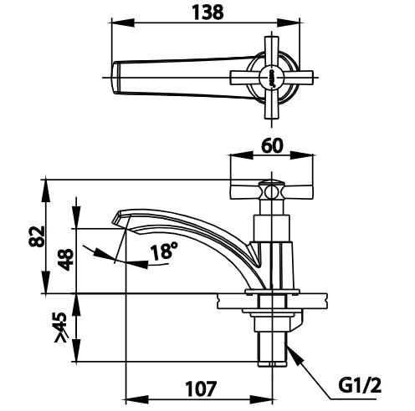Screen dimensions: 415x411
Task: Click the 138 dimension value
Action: [207, 13]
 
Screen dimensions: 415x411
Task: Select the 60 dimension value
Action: [272, 145]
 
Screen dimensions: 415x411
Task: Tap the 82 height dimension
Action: [37, 236]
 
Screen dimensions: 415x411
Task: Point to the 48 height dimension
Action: [66, 260]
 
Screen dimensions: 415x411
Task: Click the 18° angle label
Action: [164, 251]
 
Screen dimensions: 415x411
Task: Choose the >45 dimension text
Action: [61, 327]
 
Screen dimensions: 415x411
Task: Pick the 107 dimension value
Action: [201, 389]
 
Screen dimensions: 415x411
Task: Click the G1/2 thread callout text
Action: [360, 386]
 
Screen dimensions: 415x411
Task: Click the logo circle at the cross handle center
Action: [271, 78]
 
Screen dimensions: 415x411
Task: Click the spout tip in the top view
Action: [116, 78]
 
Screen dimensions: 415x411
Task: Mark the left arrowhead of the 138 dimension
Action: [123, 23]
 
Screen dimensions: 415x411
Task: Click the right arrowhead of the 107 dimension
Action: [261, 398]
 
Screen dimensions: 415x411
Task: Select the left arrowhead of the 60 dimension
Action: [242, 155]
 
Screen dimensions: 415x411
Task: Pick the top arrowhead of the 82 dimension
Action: [46, 190]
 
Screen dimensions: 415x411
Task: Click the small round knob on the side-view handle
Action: [272, 192]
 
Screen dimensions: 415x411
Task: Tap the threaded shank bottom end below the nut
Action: [272, 363]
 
